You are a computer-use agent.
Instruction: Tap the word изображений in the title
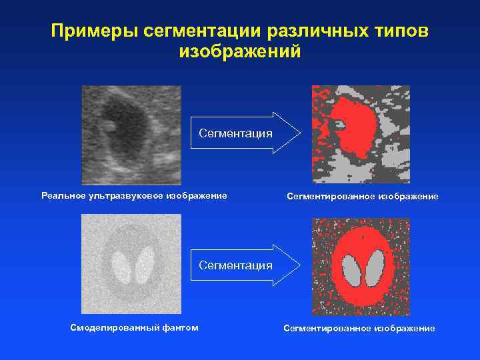[240, 51]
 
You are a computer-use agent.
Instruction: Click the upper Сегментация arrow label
[235, 133]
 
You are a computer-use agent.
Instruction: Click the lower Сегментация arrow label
[235, 265]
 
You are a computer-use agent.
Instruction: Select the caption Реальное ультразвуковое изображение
[134, 195]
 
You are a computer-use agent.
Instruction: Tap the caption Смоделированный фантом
[134, 327]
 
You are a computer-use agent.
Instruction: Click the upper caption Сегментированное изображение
[362, 196]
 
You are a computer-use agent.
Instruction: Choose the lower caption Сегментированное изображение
[359, 328]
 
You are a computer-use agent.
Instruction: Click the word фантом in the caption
[181, 327]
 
